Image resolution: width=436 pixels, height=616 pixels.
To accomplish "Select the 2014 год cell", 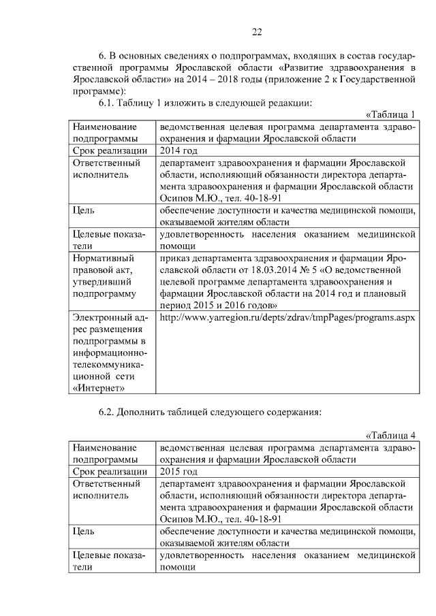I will click(178, 150).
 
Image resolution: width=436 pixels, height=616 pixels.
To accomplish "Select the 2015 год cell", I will click(178, 472).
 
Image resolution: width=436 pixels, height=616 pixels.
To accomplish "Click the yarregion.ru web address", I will click(287, 317).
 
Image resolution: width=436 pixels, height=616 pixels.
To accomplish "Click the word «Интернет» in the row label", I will click(98, 387).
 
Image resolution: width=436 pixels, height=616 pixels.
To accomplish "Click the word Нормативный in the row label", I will click(103, 259).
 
